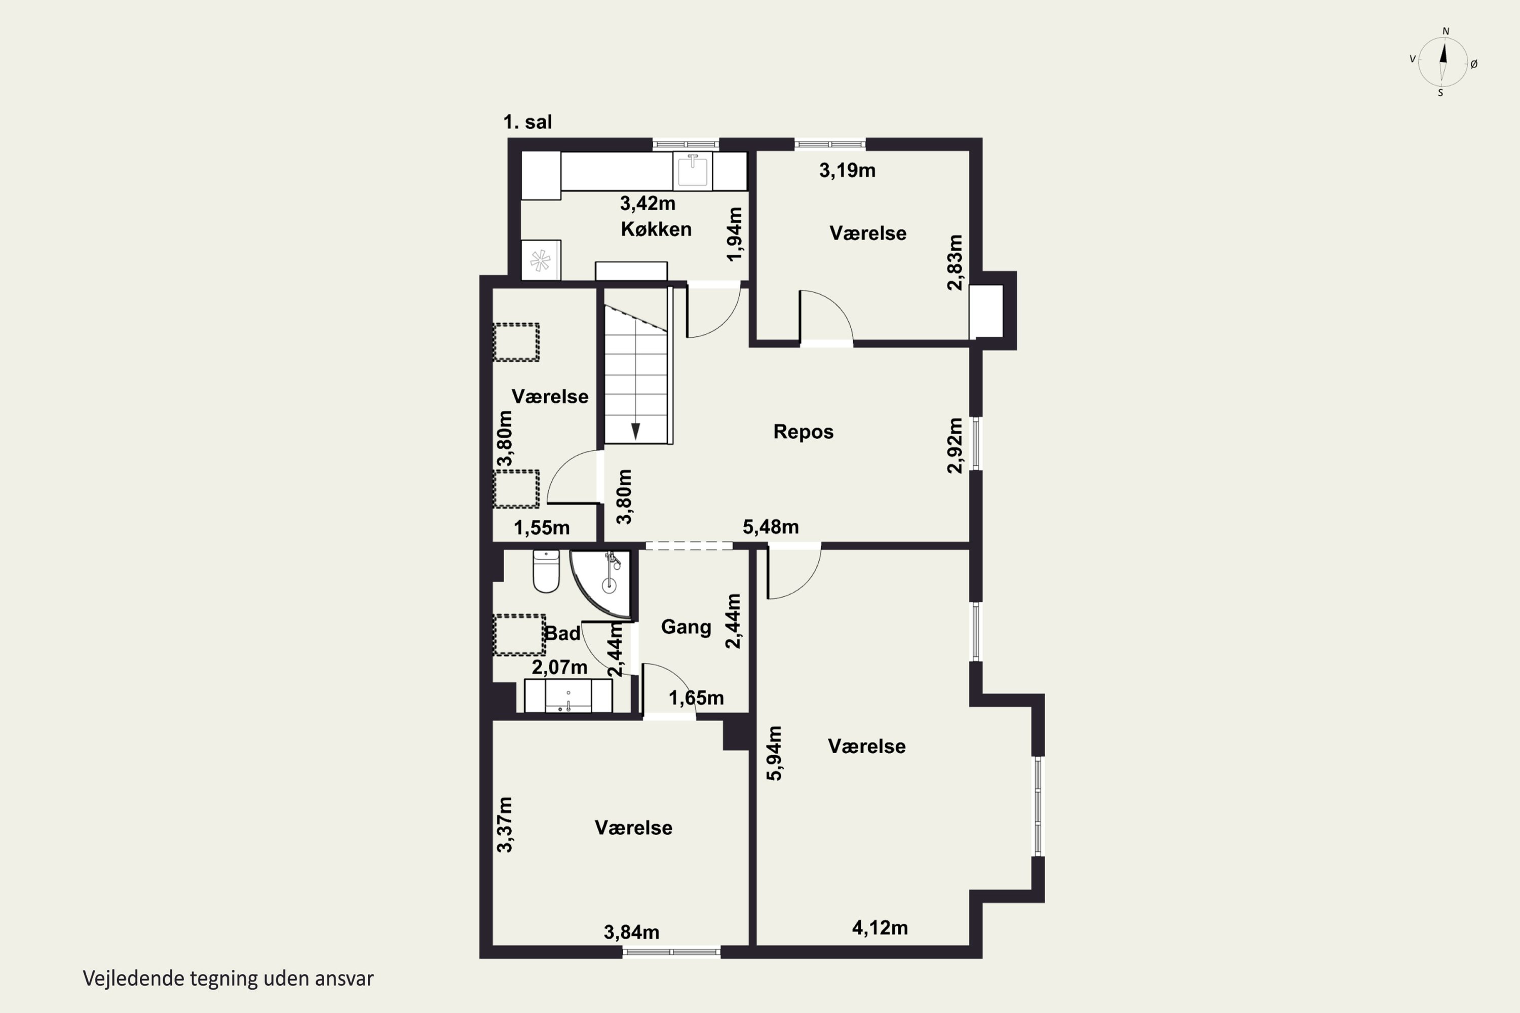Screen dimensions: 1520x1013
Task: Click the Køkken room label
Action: coord(656,229)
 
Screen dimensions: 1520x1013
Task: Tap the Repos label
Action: coord(803,432)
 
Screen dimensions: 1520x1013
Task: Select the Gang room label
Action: coord(686,627)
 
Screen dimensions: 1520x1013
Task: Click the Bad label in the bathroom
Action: coord(562,633)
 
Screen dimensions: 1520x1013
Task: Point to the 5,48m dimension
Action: coord(770,527)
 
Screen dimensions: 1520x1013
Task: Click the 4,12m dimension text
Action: coord(880,928)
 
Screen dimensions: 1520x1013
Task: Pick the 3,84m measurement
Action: coord(631,932)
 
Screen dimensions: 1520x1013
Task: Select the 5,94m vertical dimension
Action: coord(774,753)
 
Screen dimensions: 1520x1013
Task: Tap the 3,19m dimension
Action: coord(847,171)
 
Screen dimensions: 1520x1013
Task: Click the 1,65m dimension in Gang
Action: coord(696,698)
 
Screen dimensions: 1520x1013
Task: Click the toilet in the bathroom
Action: coord(546,571)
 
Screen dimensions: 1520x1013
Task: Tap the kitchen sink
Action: coord(692,171)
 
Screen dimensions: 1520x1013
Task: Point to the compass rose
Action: coord(1442,62)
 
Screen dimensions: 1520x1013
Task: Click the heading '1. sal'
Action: coord(527,122)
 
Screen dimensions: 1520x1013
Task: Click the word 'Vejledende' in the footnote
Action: coord(133,979)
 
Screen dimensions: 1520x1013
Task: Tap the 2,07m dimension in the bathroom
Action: coord(560,666)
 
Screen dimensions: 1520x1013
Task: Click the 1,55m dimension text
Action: coord(542,528)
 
